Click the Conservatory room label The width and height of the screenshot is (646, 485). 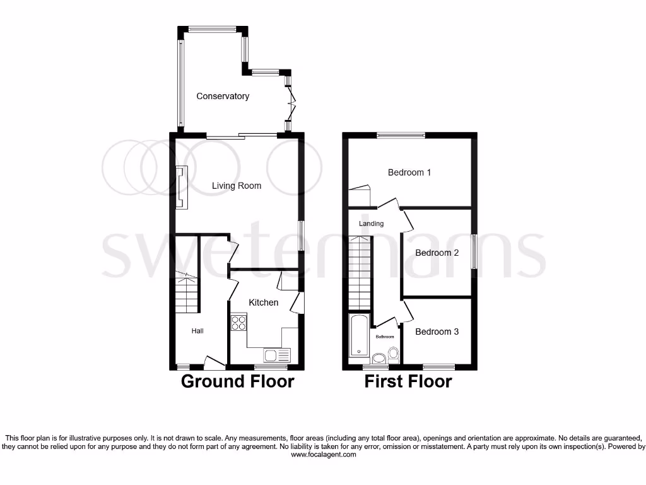[x=223, y=96]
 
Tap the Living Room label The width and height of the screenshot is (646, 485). [x=236, y=186]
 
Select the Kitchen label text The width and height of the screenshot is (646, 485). [x=263, y=302]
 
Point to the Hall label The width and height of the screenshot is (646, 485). [x=198, y=331]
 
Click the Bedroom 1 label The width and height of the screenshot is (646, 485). [x=409, y=172]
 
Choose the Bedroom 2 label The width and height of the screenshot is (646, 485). [x=437, y=253]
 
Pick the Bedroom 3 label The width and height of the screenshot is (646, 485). [x=437, y=332]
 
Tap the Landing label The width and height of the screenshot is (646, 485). [x=371, y=224]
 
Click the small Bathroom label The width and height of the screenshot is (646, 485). [x=385, y=337]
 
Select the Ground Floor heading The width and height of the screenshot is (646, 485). [x=237, y=381]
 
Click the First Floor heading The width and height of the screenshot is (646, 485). [x=408, y=381]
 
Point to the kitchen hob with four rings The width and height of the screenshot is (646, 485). [x=239, y=323]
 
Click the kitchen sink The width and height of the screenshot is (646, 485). [x=276, y=355]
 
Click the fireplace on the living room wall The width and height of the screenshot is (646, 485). [x=182, y=186]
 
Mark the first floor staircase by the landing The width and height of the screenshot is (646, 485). [x=360, y=272]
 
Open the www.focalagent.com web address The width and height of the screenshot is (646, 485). [x=323, y=454]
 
